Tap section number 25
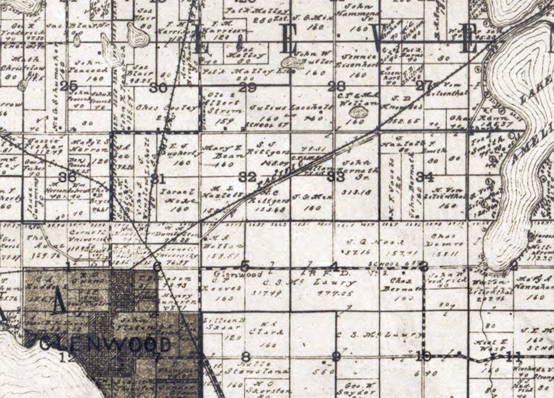tap(68, 86)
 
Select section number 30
tap(158, 88)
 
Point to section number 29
tap(248, 87)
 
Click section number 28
tap(337, 86)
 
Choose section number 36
tap(67, 177)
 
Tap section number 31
tap(158, 179)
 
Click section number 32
tap(247, 177)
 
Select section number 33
tap(336, 176)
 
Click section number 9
tap(336, 356)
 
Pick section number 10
tap(423, 356)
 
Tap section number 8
tap(246, 357)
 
